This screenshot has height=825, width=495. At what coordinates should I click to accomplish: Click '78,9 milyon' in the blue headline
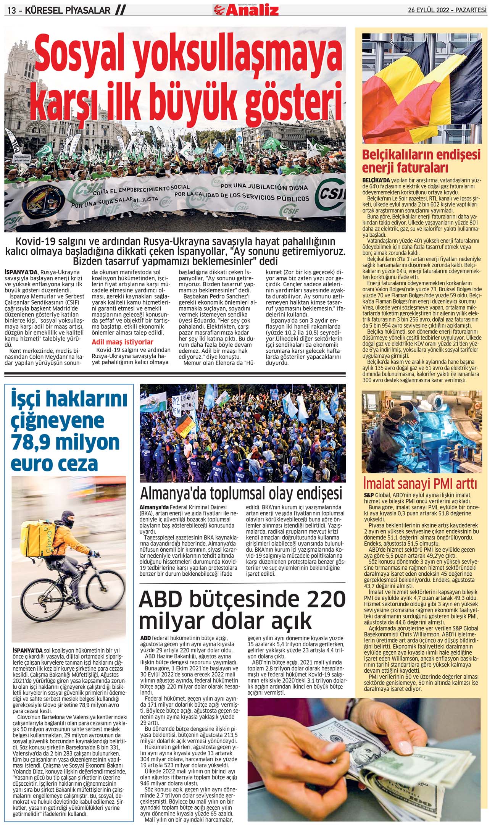coord(65,442)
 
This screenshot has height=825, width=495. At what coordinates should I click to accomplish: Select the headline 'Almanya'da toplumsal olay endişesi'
coord(241,493)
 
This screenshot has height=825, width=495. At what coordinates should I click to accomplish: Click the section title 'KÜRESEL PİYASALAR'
coord(67,11)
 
